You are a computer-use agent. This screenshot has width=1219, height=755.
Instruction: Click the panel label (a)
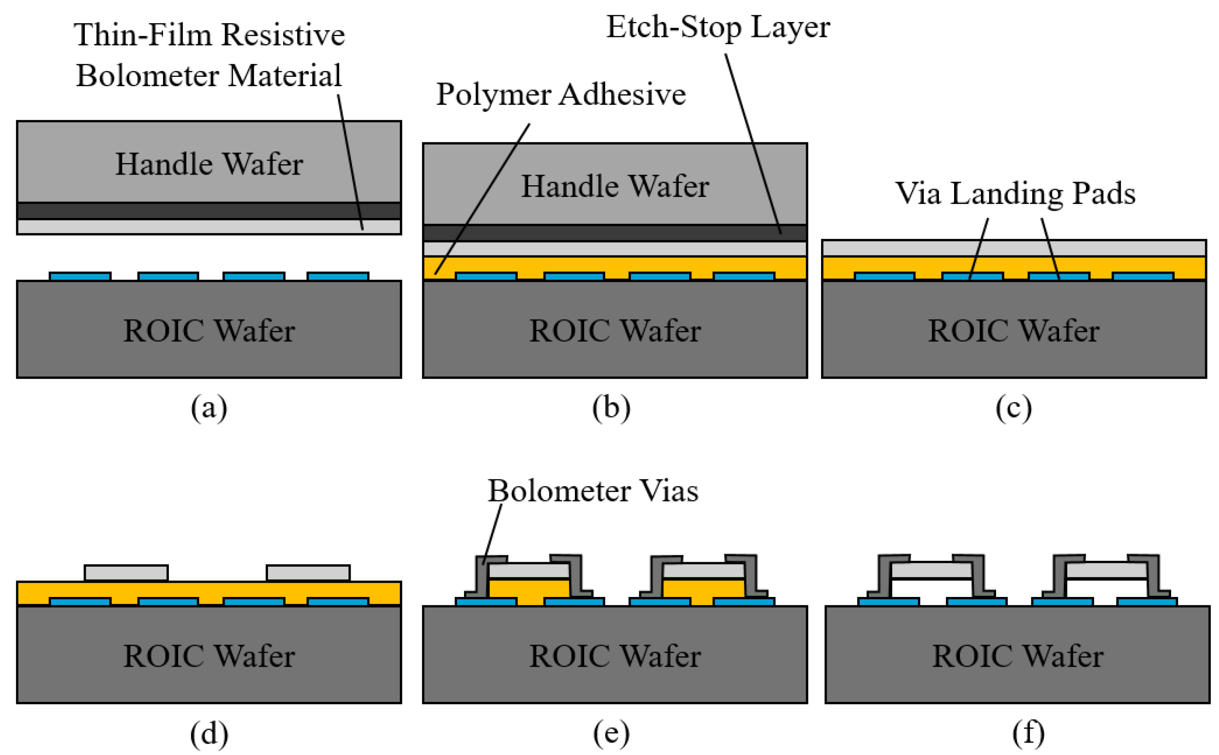209,409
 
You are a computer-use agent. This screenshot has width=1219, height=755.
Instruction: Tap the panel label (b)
611,409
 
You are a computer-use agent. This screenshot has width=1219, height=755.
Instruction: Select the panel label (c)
1013,409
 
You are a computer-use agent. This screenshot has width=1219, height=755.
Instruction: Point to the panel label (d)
209,733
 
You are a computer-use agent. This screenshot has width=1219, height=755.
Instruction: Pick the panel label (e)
611,733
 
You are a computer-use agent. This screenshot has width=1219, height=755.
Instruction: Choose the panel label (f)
1028,733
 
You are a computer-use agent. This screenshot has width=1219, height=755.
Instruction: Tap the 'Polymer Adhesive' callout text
561,94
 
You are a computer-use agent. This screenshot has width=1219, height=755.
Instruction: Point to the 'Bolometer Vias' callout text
592,491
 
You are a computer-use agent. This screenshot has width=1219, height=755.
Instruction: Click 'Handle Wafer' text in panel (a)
209,164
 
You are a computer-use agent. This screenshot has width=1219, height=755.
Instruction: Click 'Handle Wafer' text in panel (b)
615,186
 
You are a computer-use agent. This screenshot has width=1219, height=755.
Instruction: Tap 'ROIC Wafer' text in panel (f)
1017,655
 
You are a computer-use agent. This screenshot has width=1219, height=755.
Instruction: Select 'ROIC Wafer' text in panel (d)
209,655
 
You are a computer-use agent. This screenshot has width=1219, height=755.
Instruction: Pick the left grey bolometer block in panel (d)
126,573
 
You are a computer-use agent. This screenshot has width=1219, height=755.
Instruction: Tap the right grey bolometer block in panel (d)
308,573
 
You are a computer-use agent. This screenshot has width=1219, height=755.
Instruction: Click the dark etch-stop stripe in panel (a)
209,211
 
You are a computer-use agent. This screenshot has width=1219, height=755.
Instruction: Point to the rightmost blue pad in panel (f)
1147,602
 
